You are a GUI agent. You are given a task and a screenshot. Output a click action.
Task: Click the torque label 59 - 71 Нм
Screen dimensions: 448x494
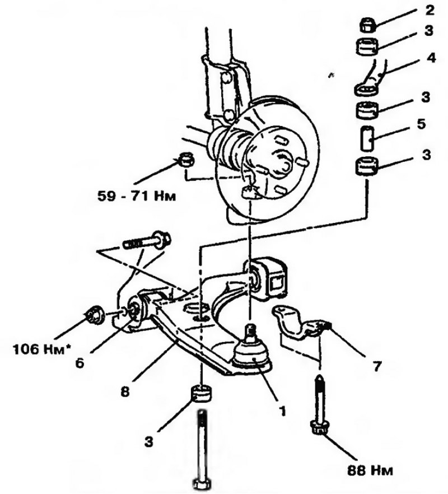136,196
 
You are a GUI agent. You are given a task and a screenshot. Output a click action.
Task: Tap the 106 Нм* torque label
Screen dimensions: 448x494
41,349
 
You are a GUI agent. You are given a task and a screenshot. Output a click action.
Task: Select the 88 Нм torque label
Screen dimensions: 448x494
371,470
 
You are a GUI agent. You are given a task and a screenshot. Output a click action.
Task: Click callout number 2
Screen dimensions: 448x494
429,11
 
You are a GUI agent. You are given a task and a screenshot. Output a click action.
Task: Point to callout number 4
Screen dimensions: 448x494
431,58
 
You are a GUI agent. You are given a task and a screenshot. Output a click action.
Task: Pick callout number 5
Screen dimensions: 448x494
430,124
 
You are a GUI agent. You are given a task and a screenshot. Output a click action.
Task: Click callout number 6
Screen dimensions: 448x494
80,363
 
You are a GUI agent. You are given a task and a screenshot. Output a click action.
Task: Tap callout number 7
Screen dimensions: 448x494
376,366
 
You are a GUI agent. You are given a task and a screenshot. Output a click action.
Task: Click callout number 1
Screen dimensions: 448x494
282,411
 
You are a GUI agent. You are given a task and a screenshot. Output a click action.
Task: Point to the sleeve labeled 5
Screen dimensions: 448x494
367,139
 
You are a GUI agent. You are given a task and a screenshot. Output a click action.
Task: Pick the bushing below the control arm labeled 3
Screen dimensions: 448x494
201,394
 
